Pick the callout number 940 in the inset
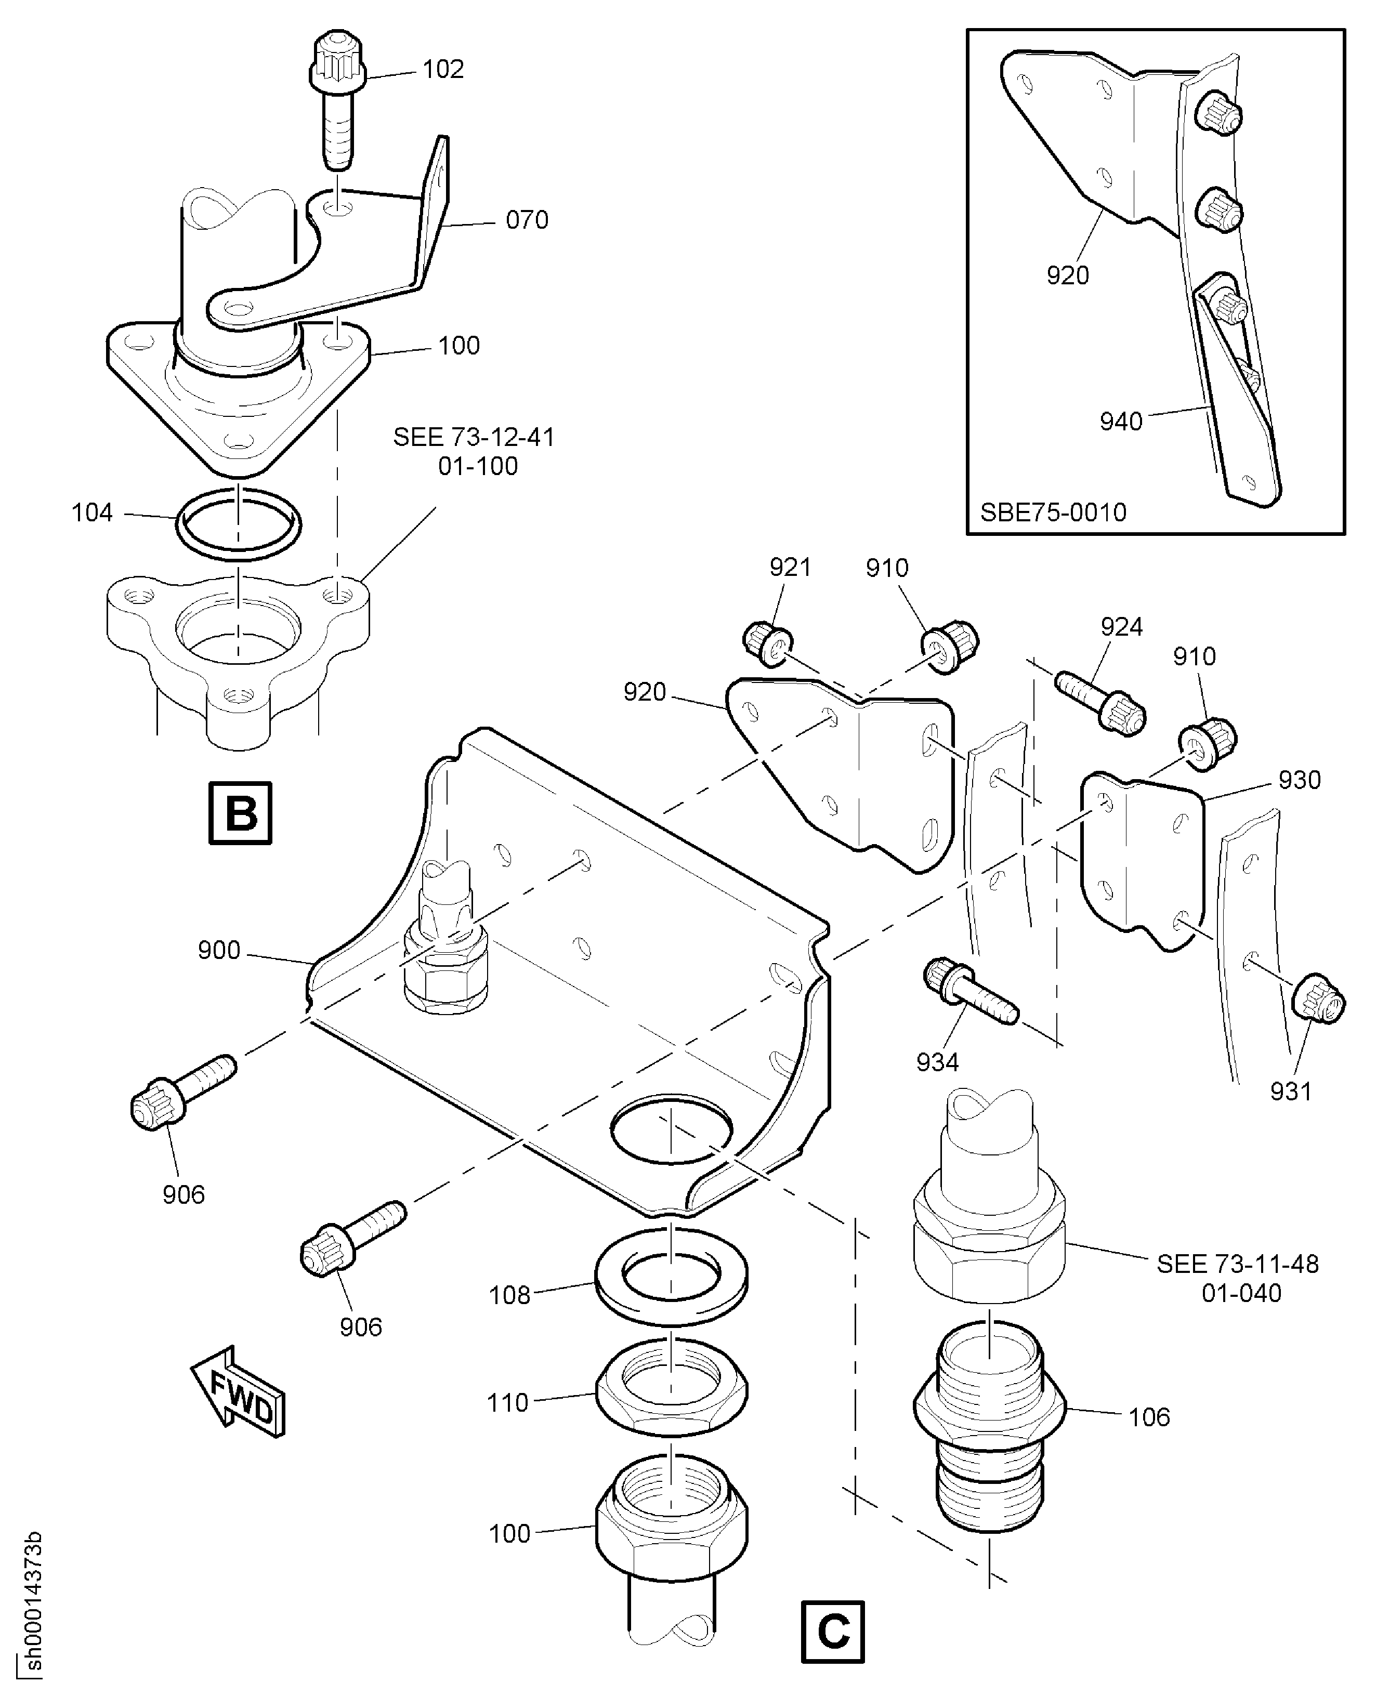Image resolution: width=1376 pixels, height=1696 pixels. tap(1121, 422)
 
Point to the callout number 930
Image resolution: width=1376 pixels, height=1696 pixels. tap(1299, 781)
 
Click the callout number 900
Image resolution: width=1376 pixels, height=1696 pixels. tap(219, 950)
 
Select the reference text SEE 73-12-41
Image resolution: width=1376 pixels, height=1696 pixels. tap(474, 438)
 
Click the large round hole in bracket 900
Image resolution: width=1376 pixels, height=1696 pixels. tap(671, 1129)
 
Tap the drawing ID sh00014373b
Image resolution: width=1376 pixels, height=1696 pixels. tap(32, 1606)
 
